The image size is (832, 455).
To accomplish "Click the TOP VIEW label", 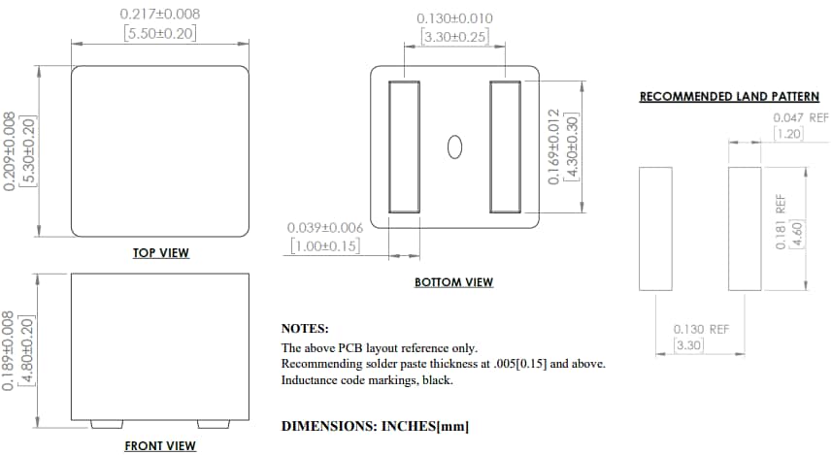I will pyautogui.click(x=161, y=253).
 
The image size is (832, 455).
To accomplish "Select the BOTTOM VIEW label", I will pyautogui.click(x=453, y=282).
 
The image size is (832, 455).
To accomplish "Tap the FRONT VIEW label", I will pyautogui.click(x=160, y=446).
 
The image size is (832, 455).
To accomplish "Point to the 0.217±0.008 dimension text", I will pyautogui.click(x=160, y=15).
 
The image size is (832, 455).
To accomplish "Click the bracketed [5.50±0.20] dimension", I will pyautogui.click(x=160, y=34).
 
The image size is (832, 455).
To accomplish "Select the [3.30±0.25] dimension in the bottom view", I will pyautogui.click(x=454, y=37).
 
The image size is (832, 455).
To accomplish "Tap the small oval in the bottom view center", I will pyautogui.click(x=453, y=146).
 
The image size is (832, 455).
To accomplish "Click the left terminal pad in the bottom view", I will pyautogui.click(x=404, y=146).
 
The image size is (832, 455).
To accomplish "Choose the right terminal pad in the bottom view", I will pyautogui.click(x=505, y=146).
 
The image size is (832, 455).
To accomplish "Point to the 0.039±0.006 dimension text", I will pyautogui.click(x=325, y=227).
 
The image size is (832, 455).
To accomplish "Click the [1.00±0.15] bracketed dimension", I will pyautogui.click(x=325, y=246).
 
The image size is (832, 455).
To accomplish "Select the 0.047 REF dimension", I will pyautogui.click(x=801, y=116).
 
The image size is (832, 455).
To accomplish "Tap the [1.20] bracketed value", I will pyautogui.click(x=788, y=134).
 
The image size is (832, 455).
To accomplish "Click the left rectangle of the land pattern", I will pyautogui.click(x=655, y=228).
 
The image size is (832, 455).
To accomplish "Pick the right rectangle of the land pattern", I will pyautogui.click(x=745, y=228).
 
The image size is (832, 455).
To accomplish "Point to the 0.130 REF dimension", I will pyautogui.click(x=701, y=329).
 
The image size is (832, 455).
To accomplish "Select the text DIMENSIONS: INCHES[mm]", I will pyautogui.click(x=376, y=426).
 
